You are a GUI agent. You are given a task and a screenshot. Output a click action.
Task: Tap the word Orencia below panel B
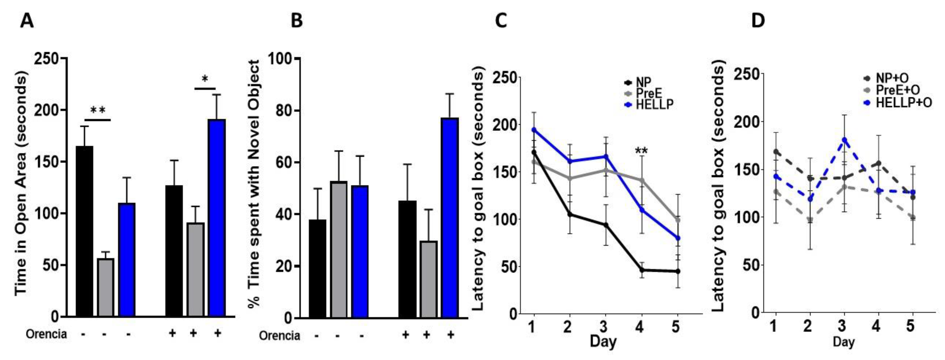(279, 335)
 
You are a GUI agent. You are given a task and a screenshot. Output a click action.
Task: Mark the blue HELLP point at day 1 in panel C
(534, 130)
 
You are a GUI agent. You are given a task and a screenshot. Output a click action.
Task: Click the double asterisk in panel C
(641, 150)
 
